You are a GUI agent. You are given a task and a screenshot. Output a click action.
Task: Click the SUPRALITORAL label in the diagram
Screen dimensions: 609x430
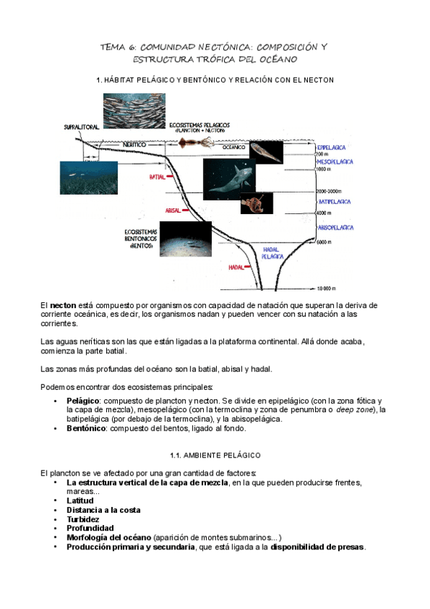pyautogui.click(x=80, y=126)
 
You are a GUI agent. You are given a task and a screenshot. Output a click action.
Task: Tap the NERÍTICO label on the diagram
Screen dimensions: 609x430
pyautogui.click(x=134, y=144)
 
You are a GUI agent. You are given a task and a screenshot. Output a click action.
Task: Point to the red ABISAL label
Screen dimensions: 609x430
pyautogui.click(x=172, y=210)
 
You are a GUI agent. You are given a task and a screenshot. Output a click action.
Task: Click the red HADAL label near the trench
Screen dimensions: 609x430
pyautogui.click(x=236, y=266)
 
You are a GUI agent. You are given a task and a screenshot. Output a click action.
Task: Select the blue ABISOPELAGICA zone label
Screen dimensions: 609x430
pyautogui.click(x=336, y=227)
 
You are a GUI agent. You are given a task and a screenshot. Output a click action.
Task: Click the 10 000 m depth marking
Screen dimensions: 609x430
pyautogui.click(x=327, y=288)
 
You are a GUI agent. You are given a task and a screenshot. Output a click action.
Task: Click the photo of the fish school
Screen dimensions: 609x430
pyautogui.click(x=134, y=111)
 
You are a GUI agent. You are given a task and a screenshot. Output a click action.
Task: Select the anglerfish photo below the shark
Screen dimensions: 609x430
pyautogui.click(x=256, y=203)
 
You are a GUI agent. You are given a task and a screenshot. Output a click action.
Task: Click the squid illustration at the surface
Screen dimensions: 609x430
pyautogui.click(x=199, y=144)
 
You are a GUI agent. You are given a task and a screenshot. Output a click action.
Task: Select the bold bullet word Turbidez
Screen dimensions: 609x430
pyautogui.click(x=83, y=519)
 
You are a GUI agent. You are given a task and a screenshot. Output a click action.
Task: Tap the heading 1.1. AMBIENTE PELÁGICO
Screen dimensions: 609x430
pyautogui.click(x=215, y=455)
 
